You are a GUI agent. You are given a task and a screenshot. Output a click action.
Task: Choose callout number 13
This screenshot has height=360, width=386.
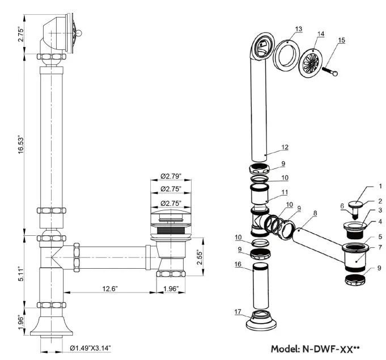point(299,28)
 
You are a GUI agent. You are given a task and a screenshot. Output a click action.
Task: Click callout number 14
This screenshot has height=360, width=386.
point(321,34)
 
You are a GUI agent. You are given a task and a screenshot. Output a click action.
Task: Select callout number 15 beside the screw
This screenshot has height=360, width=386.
point(341,40)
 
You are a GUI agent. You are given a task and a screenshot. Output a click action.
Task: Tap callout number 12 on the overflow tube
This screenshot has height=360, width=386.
point(285,147)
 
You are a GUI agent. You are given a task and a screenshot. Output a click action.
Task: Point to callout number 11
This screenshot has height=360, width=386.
point(285,193)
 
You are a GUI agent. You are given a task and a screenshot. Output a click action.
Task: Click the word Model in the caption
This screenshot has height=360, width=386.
point(285,348)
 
